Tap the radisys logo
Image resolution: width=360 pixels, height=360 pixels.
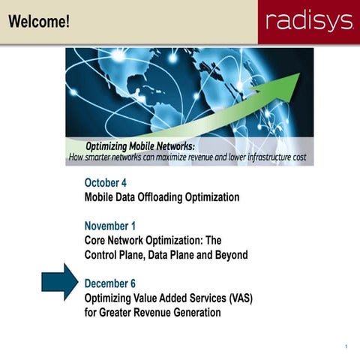tap(309, 21)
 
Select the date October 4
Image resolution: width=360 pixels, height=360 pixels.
tap(105, 182)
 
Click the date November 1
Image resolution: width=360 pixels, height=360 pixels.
tap(109, 226)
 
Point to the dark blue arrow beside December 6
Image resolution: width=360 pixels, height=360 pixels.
tap(59, 282)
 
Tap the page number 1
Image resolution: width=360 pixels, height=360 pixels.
tap(346, 346)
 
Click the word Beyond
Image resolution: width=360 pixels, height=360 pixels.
tap(229, 255)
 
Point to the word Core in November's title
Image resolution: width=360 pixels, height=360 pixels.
tap(96, 241)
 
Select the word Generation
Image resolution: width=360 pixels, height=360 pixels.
tap(195, 312)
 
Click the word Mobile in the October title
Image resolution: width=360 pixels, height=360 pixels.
tap(101, 197)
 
